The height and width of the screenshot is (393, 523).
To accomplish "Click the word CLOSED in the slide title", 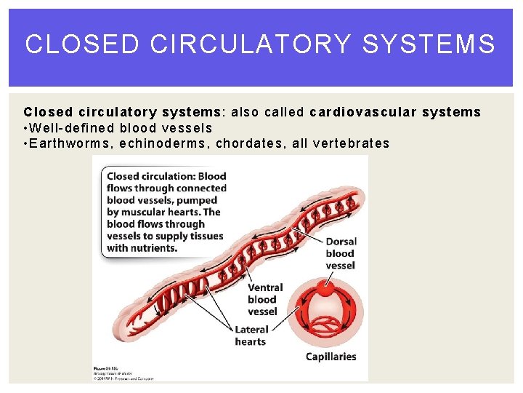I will [x=81, y=44].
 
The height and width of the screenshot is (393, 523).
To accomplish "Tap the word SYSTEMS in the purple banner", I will [x=429, y=44].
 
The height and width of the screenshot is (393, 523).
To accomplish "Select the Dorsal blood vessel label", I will [x=341, y=253].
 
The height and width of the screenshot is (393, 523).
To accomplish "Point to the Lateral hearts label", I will [x=251, y=336].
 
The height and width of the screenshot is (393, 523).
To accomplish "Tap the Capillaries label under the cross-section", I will [x=331, y=357].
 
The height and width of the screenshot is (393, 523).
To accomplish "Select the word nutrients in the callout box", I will [x=153, y=247].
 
